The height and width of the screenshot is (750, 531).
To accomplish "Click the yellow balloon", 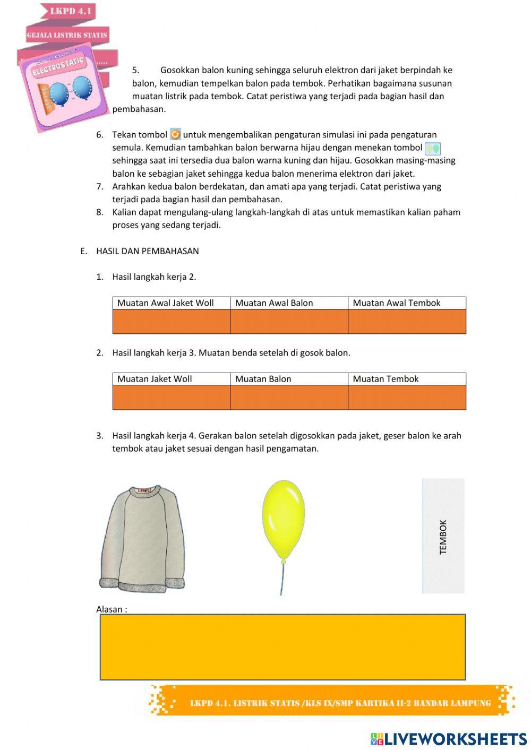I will tap(283, 520).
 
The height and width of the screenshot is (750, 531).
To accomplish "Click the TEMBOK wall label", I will tap(443, 537).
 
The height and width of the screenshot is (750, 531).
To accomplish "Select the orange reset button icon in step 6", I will tap(175, 135).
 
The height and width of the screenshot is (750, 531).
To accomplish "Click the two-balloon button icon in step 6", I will tap(433, 149).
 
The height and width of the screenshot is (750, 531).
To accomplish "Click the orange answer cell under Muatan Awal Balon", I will tap(288, 322).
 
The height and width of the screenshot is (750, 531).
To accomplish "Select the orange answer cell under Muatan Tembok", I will tap(407, 398).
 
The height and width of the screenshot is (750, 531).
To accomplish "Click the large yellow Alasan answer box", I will tap(282, 647).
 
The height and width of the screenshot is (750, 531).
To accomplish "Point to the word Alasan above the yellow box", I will tap(111, 609).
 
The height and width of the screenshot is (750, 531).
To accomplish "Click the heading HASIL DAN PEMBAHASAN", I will tap(147, 251).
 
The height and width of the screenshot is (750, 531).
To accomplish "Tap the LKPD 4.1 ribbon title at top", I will tap(71, 11).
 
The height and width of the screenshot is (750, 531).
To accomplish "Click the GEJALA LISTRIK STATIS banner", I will tap(67, 35).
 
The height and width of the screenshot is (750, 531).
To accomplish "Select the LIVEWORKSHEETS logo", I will tap(449, 739).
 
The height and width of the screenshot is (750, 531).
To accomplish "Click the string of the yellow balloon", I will tap(281, 579).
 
